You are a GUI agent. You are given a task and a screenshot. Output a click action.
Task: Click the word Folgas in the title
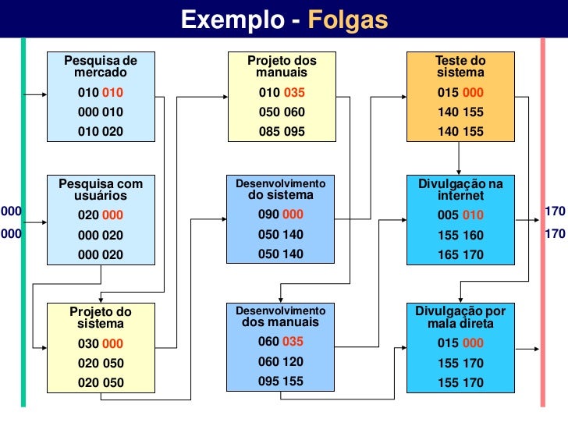(347, 20)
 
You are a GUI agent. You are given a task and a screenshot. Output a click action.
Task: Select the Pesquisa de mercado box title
(100, 66)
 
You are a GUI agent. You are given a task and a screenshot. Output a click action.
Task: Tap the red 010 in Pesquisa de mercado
(112, 93)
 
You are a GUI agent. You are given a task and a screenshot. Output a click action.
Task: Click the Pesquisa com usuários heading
(101, 190)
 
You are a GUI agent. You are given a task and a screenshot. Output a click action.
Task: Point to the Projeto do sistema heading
(101, 317)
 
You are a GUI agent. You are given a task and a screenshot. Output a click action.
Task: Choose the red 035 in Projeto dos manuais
(293, 93)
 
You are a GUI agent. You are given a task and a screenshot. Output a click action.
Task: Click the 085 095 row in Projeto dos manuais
(282, 132)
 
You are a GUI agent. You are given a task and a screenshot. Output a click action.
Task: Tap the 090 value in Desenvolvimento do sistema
(269, 215)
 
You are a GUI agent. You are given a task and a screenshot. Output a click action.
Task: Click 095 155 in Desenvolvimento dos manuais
(281, 382)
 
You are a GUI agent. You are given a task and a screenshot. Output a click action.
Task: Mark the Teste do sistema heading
(460, 66)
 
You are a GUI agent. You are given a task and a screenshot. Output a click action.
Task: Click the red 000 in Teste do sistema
(472, 93)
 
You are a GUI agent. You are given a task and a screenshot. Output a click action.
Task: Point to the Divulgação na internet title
(460, 190)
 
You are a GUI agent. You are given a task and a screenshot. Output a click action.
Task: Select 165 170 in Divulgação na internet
(460, 254)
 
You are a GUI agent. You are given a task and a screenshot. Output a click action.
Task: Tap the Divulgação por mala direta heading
(460, 317)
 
